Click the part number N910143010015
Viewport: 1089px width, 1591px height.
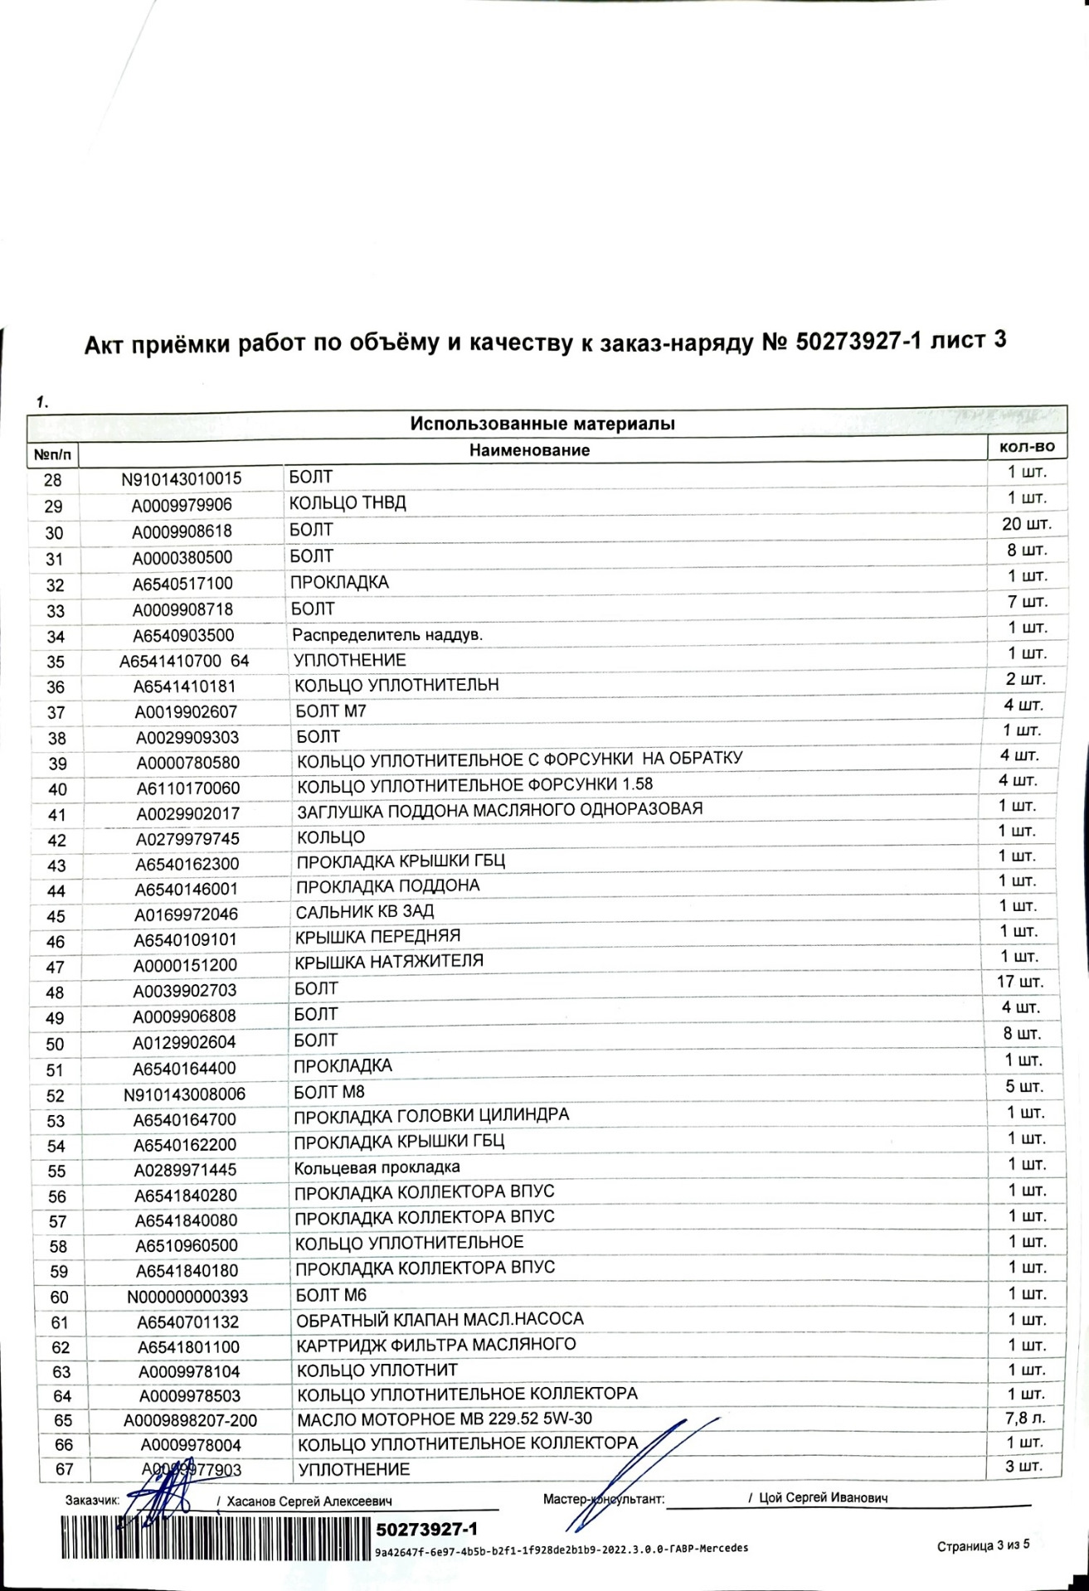click(x=182, y=478)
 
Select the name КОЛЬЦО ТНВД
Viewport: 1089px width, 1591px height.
click(x=348, y=503)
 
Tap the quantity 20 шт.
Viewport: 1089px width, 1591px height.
click(x=1026, y=524)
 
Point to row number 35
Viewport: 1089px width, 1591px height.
click(x=56, y=662)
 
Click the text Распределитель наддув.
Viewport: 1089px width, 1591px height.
click(x=387, y=635)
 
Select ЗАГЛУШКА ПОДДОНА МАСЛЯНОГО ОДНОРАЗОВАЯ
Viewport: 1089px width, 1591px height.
click(x=499, y=809)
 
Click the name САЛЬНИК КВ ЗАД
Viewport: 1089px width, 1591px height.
click(x=365, y=912)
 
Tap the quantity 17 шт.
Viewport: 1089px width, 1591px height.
click(x=1020, y=982)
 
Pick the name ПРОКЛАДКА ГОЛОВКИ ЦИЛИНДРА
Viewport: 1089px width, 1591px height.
click(x=431, y=1115)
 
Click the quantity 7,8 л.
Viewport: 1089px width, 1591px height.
click(x=1024, y=1419)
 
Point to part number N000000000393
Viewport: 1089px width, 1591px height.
click(x=187, y=1297)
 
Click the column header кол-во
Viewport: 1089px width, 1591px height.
click(x=1027, y=447)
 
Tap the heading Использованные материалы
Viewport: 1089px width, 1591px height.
click(x=542, y=424)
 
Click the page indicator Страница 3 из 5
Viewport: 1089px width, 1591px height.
click(x=983, y=1545)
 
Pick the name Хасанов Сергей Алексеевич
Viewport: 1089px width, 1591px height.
click(x=309, y=1501)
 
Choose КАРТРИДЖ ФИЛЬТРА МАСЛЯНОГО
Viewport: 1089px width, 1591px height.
click(x=436, y=1344)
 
